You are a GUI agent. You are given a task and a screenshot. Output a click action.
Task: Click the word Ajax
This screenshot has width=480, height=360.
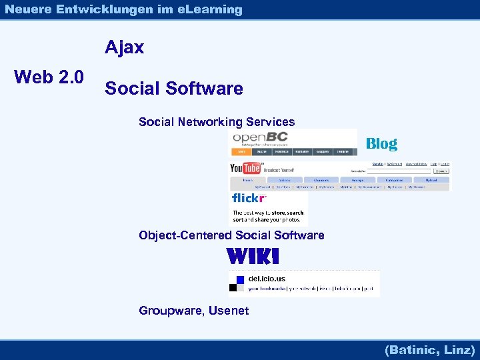point(124,47)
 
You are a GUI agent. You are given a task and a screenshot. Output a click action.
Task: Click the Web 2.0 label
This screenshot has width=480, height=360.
point(49,77)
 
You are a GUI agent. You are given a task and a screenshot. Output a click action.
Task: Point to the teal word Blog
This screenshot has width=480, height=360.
point(381,143)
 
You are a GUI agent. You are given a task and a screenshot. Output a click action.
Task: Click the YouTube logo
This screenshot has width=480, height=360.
point(245,169)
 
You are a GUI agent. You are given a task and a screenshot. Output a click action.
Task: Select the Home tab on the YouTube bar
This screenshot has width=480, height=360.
point(248,180)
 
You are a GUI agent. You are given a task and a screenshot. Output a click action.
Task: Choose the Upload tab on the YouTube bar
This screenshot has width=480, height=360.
point(431,180)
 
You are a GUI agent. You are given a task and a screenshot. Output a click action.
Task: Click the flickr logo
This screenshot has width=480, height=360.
point(249,198)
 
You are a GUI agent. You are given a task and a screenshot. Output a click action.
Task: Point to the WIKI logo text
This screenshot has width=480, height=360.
point(253,256)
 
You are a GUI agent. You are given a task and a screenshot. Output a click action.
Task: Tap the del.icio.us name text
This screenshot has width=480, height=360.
point(267,278)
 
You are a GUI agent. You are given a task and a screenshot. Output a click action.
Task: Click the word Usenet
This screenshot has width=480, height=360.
point(229,311)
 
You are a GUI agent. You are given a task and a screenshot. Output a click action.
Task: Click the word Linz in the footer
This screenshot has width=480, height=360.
point(459,350)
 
